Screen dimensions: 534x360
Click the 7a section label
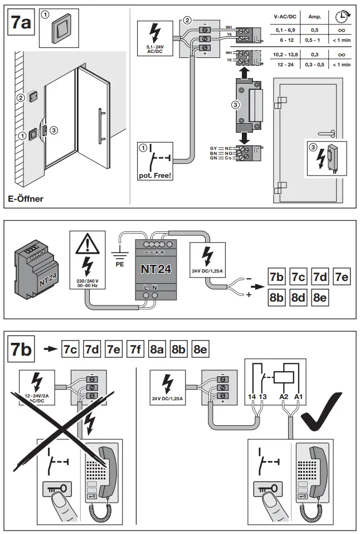[22, 22]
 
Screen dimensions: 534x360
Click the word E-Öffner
[26, 198]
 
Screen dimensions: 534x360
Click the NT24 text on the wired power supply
[154, 269]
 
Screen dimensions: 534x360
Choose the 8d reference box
[299, 297]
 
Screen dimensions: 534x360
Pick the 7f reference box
[134, 350]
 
